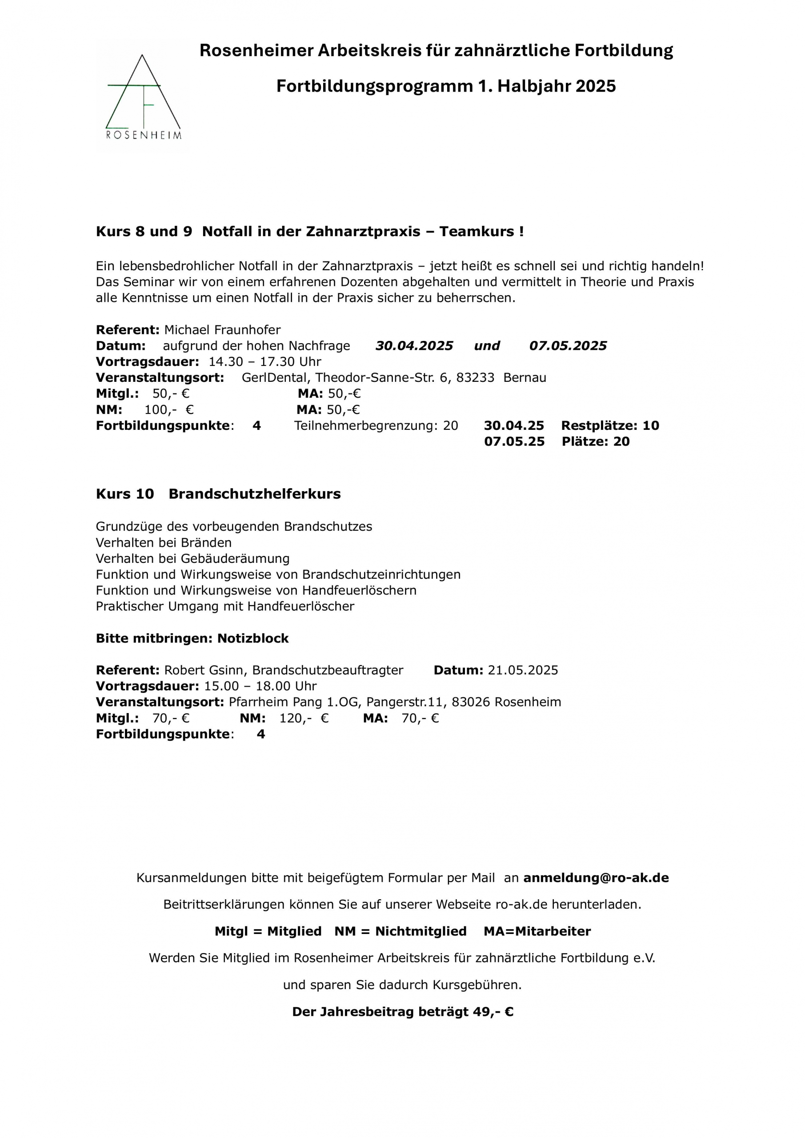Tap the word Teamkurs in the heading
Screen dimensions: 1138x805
[x=477, y=232]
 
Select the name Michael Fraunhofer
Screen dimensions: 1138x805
[x=222, y=330]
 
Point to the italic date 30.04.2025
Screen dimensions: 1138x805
[x=414, y=346]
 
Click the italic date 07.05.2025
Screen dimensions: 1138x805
[x=568, y=346]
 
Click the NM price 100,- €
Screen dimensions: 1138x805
[x=168, y=410]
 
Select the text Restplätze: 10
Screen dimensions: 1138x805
[x=610, y=426]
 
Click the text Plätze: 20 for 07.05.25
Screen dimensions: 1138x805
[x=595, y=441]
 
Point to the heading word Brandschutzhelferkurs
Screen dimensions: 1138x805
[x=254, y=494]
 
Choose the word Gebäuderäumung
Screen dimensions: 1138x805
[x=235, y=559]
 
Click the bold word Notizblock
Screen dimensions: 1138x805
[x=253, y=638]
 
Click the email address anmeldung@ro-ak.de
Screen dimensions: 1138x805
[x=596, y=878]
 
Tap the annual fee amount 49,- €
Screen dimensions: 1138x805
[x=493, y=1012]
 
